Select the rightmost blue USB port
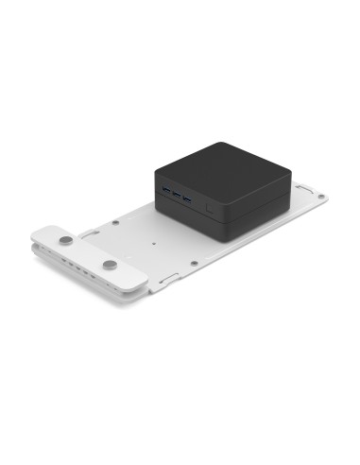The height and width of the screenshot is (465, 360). pos(187,200)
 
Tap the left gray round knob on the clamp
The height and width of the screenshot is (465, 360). pos(64,242)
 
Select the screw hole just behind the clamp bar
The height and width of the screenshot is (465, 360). pos(115,224)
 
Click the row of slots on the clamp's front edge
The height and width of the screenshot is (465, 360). pos(80,272)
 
